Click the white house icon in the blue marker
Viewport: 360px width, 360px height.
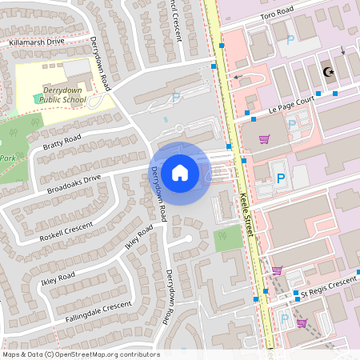click(x=180, y=173)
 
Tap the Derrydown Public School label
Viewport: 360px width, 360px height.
click(x=62, y=97)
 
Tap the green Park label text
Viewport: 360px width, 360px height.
click(x=8, y=158)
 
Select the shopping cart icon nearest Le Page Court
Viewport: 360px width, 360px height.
click(x=264, y=139)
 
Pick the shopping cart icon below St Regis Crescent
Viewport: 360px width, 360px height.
click(x=302, y=323)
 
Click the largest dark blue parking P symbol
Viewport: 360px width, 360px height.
click(x=280, y=179)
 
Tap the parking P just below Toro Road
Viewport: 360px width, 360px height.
click(x=290, y=38)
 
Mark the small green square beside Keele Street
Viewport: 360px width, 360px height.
click(x=228, y=238)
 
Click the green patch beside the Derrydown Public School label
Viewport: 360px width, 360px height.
click(x=38, y=98)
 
